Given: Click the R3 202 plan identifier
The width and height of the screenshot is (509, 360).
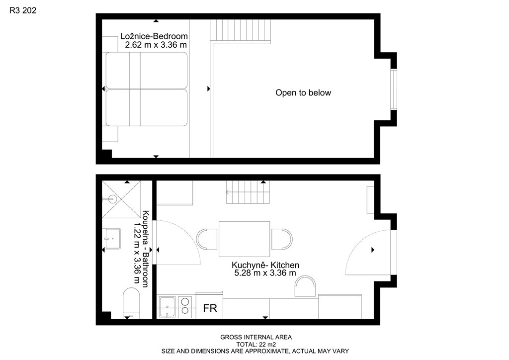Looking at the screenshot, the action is point(23,10).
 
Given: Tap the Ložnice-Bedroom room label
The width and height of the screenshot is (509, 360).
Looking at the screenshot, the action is point(154,36).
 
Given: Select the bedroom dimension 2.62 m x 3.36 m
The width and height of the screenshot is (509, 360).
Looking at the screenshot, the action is point(156,45).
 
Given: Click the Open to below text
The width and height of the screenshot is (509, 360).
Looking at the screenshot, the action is point(303,93).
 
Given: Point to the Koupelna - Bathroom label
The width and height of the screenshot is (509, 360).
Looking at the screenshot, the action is point(146,249).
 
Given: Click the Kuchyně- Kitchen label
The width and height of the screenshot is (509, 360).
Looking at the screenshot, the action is point(265,265).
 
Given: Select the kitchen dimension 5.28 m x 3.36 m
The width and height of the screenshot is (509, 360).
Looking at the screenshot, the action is point(265,273).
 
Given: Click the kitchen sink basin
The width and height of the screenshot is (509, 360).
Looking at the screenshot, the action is point(167,307).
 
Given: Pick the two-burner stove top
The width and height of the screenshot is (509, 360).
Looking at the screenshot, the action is point(185,306).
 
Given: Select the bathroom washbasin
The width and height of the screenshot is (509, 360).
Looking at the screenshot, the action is point(112,239).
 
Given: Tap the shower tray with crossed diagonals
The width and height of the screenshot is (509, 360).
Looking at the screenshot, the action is point(121,199).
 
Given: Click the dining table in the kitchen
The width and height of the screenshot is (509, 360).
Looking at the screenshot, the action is point(244,239).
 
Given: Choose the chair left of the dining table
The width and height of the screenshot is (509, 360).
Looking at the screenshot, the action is point(207,239).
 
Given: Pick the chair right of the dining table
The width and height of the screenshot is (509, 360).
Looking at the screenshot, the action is point(282,239).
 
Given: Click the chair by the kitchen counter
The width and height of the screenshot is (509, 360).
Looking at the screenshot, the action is point(305,286).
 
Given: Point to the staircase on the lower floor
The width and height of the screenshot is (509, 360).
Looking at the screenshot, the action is point(248,192).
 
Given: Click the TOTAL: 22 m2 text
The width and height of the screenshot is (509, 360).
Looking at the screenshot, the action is point(256,345).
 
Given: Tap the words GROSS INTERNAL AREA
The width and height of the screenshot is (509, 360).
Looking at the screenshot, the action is point(256,337).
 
